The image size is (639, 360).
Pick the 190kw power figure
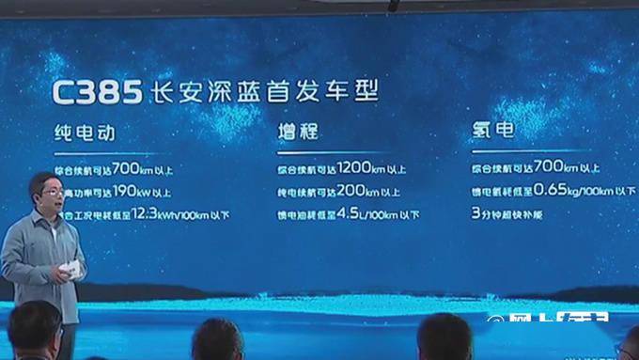coord(130,193)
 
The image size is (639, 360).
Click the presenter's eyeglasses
coord(53,192)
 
